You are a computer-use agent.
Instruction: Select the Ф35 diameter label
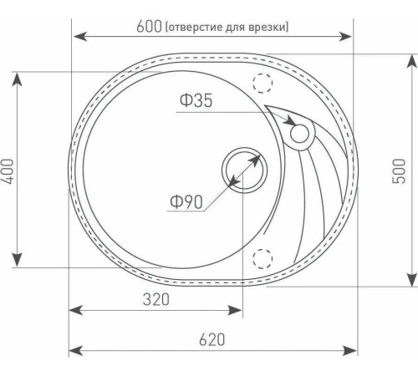(x=195, y=101)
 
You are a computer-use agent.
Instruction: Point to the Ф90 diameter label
(x=186, y=202)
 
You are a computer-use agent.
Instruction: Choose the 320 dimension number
(x=155, y=298)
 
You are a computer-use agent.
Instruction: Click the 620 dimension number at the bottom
(x=212, y=340)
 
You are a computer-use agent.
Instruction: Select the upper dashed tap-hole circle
(x=265, y=83)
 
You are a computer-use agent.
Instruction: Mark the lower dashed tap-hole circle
(x=265, y=257)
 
